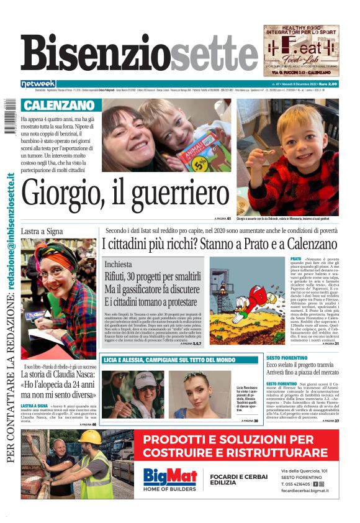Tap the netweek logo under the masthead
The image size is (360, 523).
pos(38,84)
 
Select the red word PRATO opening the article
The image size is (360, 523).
pos(295,258)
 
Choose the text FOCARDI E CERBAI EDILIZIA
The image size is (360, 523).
pos(234,478)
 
